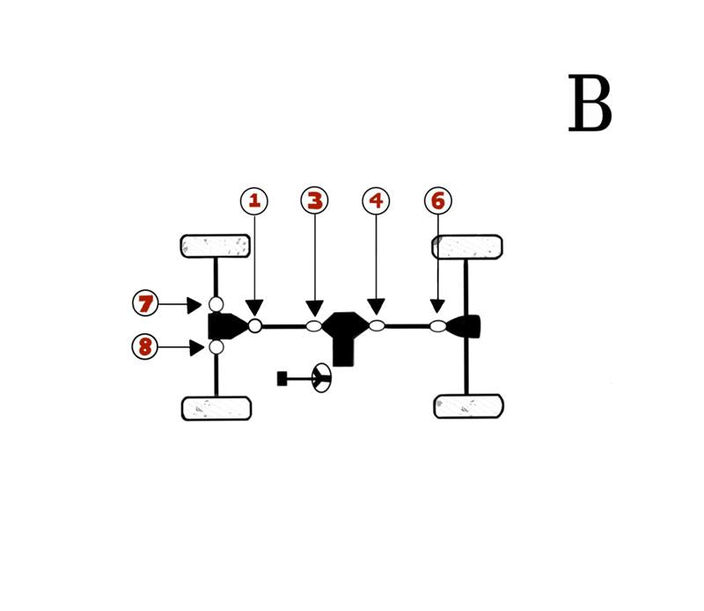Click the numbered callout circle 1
point(254,201)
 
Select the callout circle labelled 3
point(314,201)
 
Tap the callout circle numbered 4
point(376,201)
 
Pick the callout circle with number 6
point(437,201)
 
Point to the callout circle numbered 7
point(145,304)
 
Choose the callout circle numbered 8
point(145,346)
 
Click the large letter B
point(590,105)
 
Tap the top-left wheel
point(216,246)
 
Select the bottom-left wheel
point(216,408)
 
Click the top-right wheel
point(467,247)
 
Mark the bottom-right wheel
point(469,406)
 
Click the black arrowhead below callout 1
point(254,308)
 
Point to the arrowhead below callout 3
point(314,308)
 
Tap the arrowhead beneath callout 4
point(376,306)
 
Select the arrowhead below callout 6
point(437,306)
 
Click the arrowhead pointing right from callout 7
point(194,305)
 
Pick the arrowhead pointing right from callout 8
point(195,347)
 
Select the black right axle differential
point(466,326)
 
